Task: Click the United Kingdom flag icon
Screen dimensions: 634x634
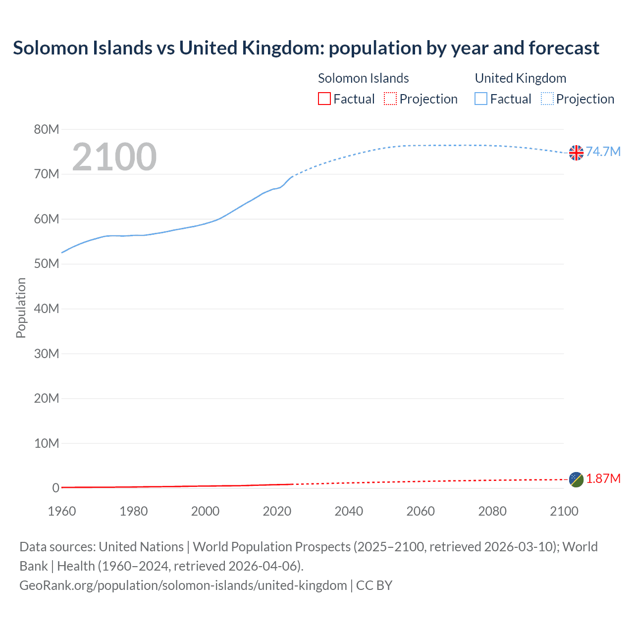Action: tap(576, 153)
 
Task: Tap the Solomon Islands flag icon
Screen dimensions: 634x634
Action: tap(576, 479)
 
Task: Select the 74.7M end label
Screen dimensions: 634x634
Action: tap(603, 152)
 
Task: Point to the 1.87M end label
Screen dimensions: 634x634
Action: tap(603, 478)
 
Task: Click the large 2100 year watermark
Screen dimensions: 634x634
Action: tap(114, 157)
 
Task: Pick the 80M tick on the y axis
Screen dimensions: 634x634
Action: tap(47, 129)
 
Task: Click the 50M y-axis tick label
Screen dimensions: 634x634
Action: tap(47, 264)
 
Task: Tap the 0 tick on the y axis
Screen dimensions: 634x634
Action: tap(55, 488)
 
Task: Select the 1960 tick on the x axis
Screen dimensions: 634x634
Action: tap(62, 511)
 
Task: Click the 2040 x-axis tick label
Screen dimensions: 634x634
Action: tap(349, 511)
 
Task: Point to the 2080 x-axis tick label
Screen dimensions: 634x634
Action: tap(492, 511)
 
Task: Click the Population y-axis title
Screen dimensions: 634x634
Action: tap(21, 308)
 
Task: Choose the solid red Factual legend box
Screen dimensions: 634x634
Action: tap(324, 99)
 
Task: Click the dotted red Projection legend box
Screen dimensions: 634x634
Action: tap(390, 99)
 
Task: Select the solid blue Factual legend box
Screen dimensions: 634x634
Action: tap(481, 99)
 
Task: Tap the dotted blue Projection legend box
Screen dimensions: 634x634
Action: tap(547, 99)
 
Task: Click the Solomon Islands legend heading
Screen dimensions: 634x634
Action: tap(363, 78)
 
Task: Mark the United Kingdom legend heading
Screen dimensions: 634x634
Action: tap(520, 78)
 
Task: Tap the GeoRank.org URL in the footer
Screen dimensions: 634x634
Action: tap(183, 585)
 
